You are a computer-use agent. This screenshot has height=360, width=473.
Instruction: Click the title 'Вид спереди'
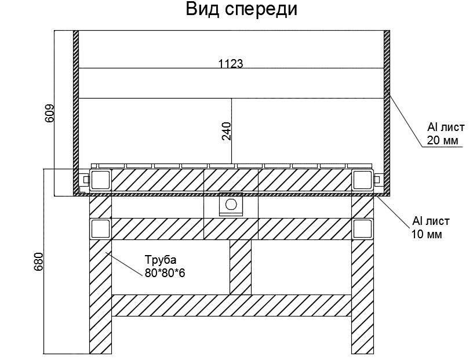click(x=241, y=10)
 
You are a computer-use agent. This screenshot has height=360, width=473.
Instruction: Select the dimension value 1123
click(x=230, y=64)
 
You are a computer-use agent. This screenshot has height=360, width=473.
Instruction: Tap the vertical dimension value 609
click(x=49, y=112)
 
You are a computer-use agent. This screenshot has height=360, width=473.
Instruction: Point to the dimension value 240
click(x=226, y=131)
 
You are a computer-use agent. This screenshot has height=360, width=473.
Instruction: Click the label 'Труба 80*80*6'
click(x=165, y=267)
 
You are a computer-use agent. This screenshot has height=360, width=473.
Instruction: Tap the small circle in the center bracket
click(x=231, y=204)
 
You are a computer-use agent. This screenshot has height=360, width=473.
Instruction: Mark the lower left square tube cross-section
click(x=100, y=228)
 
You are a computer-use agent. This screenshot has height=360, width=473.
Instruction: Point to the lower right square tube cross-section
click(x=363, y=228)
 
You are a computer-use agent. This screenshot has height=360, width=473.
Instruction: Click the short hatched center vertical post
click(x=241, y=266)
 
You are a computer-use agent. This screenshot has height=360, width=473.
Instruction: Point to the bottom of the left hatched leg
click(x=100, y=345)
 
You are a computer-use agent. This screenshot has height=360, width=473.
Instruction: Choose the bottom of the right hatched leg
click(x=363, y=345)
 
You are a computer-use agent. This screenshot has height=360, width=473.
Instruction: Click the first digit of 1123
click(x=221, y=64)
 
